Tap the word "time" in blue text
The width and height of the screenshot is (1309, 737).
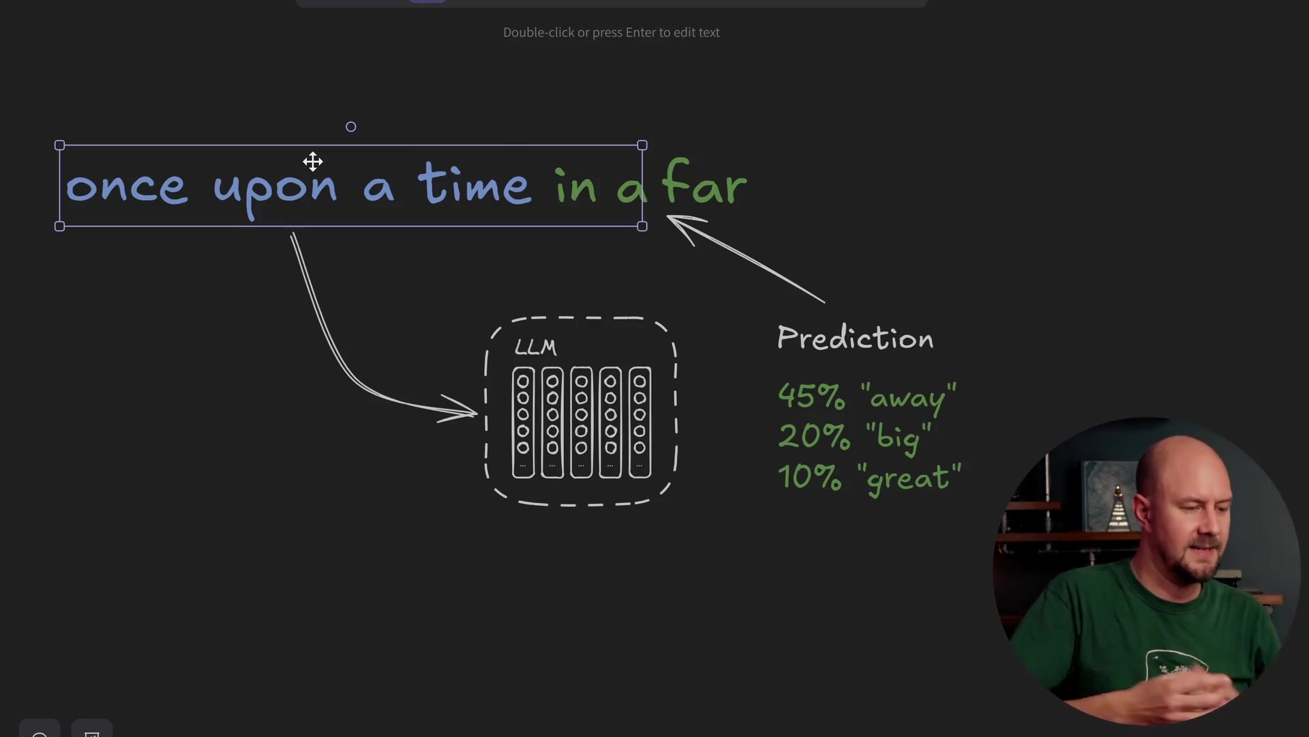(x=475, y=184)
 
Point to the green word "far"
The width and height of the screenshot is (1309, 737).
(x=705, y=182)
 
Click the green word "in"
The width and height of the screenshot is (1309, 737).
(x=576, y=184)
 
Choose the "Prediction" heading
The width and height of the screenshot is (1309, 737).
(x=855, y=337)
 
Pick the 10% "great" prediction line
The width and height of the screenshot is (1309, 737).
(x=869, y=476)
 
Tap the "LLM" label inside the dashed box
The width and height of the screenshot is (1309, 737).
(x=535, y=347)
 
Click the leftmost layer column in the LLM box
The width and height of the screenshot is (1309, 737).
(x=523, y=422)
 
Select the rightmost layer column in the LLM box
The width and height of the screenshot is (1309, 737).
(x=640, y=422)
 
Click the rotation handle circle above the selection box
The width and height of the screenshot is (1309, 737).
(x=350, y=127)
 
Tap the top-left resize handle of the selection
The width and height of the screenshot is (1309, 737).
(x=59, y=145)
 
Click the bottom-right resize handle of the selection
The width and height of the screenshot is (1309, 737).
(x=642, y=227)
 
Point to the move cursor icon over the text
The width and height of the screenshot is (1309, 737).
(x=313, y=162)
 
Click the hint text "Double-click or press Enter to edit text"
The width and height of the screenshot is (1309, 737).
(x=612, y=33)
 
